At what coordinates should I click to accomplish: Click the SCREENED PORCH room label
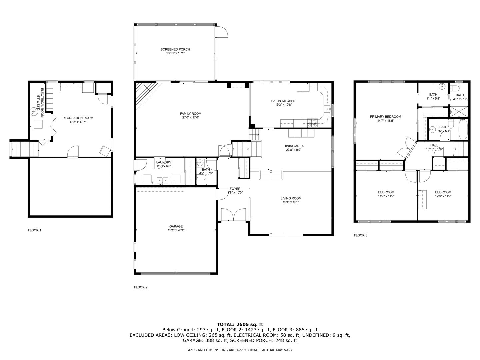(175, 49)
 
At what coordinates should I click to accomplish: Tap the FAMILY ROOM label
(190, 113)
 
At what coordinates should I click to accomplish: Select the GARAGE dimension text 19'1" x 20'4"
(176, 230)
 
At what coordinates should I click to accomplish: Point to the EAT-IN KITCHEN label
(283, 101)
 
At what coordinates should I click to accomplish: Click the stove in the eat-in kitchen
(313, 123)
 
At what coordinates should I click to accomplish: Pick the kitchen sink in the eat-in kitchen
(327, 108)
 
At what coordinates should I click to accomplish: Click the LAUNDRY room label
(164, 162)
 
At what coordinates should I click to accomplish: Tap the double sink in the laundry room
(162, 181)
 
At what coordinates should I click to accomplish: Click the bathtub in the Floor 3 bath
(463, 129)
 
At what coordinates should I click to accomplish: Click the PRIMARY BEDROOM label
(385, 117)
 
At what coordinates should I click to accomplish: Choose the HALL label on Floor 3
(434, 145)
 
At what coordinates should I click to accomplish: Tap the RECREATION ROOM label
(78, 118)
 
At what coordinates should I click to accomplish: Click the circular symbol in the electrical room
(34, 112)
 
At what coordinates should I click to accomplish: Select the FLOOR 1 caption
(35, 230)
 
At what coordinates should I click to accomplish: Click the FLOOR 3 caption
(361, 235)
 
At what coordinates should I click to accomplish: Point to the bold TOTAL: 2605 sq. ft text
(240, 324)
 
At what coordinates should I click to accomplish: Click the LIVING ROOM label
(291, 198)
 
